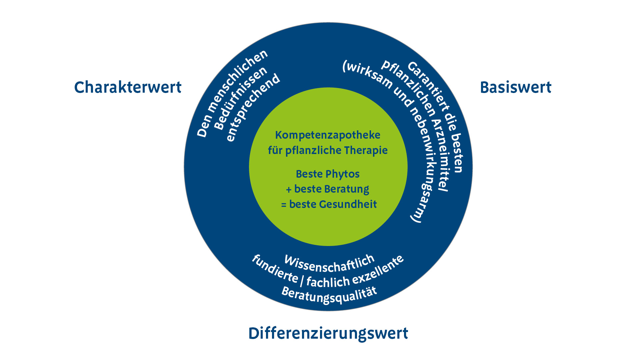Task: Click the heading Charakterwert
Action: pyautogui.click(x=128, y=87)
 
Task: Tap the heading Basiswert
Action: pyautogui.click(x=515, y=87)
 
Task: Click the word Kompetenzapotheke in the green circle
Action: pyautogui.click(x=328, y=135)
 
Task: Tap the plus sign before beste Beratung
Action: pyautogui.click(x=289, y=190)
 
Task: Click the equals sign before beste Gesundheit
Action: pyautogui.click(x=284, y=205)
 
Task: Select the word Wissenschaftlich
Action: pyautogui.click(x=329, y=264)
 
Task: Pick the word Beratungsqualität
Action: pyautogui.click(x=329, y=295)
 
